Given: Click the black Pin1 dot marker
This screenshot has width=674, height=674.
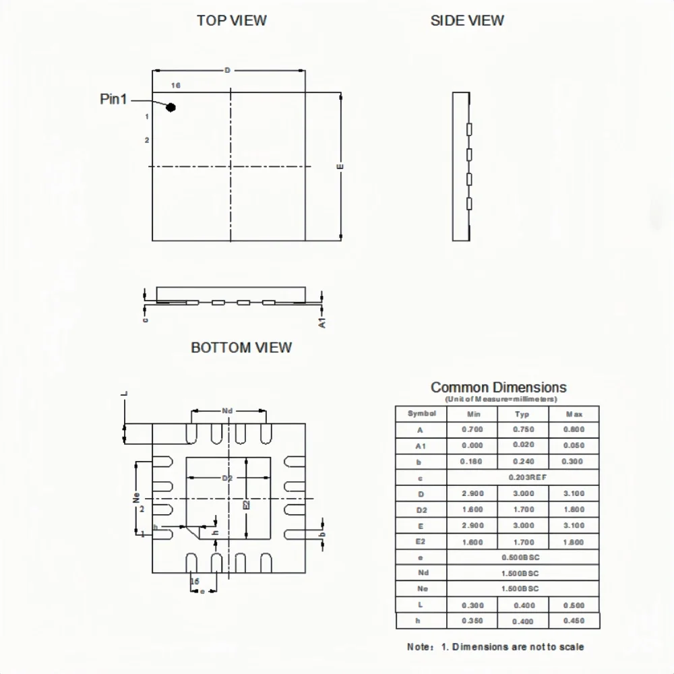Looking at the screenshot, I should tap(171, 107).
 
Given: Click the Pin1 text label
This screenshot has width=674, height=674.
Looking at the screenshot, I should tap(113, 99).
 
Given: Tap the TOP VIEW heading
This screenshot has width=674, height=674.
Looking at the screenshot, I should tap(231, 20).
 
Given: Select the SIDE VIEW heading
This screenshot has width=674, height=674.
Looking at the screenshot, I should tap(467, 21).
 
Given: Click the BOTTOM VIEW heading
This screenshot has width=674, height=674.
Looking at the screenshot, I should tap(241, 348).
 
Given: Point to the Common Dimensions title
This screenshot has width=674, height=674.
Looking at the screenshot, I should tap(498, 387).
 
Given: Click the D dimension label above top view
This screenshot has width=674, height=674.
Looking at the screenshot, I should tap(227, 70).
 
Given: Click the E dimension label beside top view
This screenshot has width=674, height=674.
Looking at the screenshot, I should tap(340, 166).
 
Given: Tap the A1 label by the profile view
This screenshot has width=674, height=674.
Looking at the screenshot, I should tap(322, 322).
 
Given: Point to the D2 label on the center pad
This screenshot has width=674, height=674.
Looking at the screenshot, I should tap(227, 478).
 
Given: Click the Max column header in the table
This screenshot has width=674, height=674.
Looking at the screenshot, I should tap(574, 414).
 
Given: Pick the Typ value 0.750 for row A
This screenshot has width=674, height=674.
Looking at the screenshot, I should tap(522, 429).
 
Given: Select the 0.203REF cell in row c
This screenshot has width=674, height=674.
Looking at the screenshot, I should tap(522, 477).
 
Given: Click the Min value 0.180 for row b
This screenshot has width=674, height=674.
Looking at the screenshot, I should tap(472, 462).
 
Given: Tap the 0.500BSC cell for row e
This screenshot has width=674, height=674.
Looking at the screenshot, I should tap(522, 557).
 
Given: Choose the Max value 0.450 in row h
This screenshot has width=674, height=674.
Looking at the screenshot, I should tap(574, 621).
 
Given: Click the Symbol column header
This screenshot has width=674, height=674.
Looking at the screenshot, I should tap(422, 413).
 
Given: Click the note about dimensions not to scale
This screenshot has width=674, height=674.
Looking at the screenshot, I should tap(495, 647).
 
